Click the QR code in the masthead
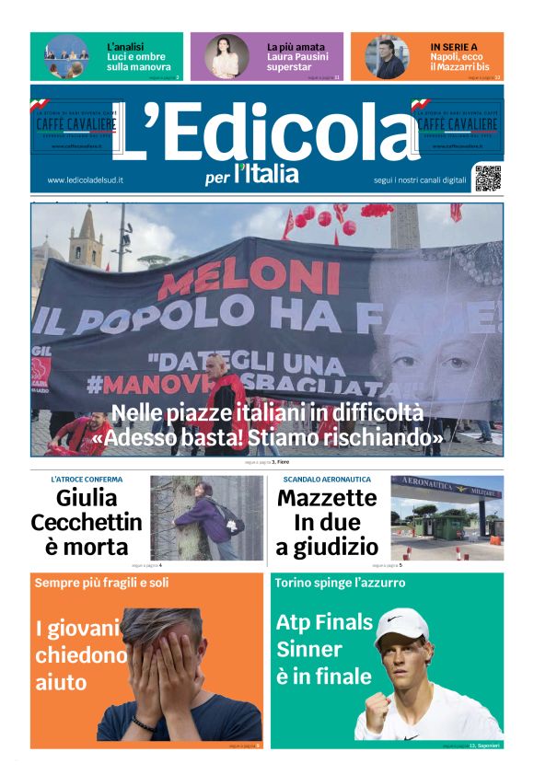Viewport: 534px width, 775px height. coord(488,178)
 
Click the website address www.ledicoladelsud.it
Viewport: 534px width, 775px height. coord(86,180)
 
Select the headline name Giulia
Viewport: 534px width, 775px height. coord(87,499)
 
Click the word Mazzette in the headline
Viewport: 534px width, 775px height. coord(327,499)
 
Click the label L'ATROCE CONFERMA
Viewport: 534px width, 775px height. coord(87,480)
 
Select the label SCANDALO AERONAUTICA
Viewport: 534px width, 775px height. coord(327,480)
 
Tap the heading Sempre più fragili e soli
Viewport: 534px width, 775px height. coord(101,583)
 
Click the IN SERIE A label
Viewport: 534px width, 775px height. coord(454,46)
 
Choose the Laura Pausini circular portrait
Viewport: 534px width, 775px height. coord(226,56)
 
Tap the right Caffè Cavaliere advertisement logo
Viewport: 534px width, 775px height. coord(457,124)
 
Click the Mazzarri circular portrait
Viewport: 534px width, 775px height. coord(387,56)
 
